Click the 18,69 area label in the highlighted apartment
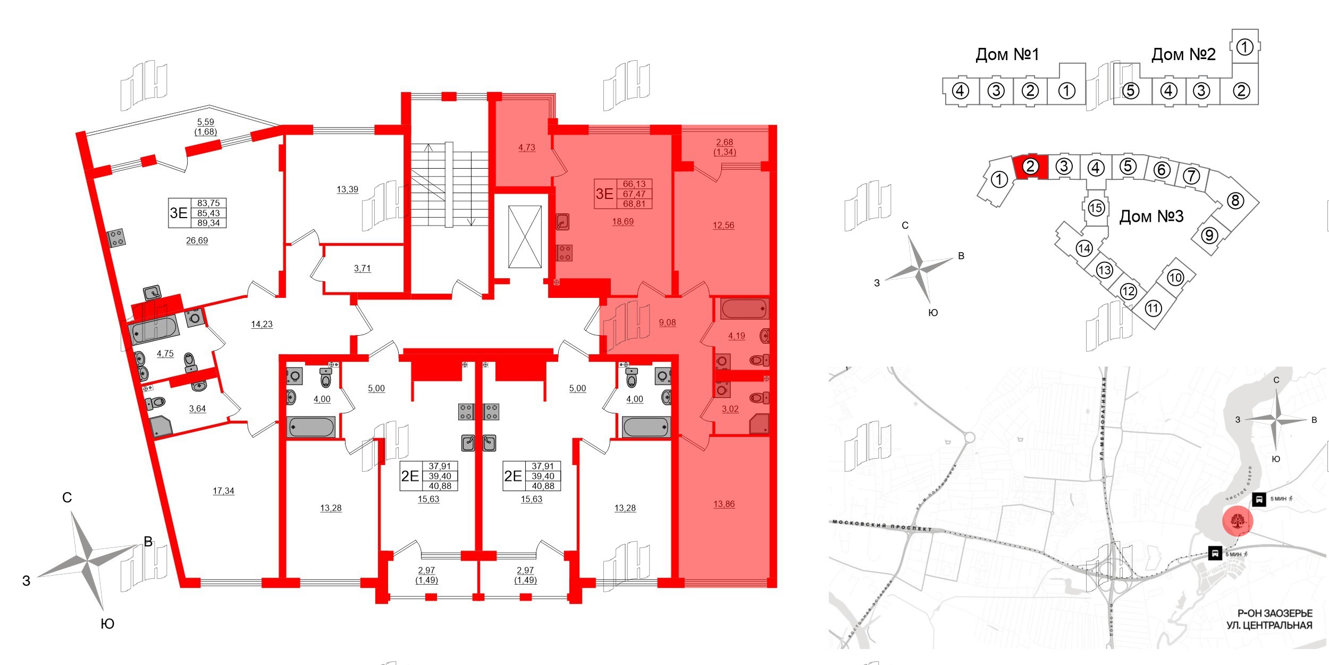(x=623, y=221)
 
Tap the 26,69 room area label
(x=197, y=240)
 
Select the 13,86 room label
(x=724, y=504)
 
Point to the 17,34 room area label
(x=223, y=491)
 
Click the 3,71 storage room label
(x=362, y=268)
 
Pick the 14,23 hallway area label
(x=262, y=324)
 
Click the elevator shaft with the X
(x=525, y=237)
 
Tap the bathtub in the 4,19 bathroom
(x=744, y=309)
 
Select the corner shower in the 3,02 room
(x=759, y=425)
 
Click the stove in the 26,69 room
(x=117, y=238)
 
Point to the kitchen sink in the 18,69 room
(x=563, y=221)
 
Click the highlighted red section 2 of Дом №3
(x=1030, y=167)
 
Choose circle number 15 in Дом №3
(x=1096, y=207)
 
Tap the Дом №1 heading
(x=1007, y=54)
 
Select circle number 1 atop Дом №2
(x=1244, y=47)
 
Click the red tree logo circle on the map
(x=1238, y=520)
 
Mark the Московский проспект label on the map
(x=882, y=526)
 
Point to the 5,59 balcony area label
(x=206, y=122)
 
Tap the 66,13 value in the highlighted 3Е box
(x=634, y=184)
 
